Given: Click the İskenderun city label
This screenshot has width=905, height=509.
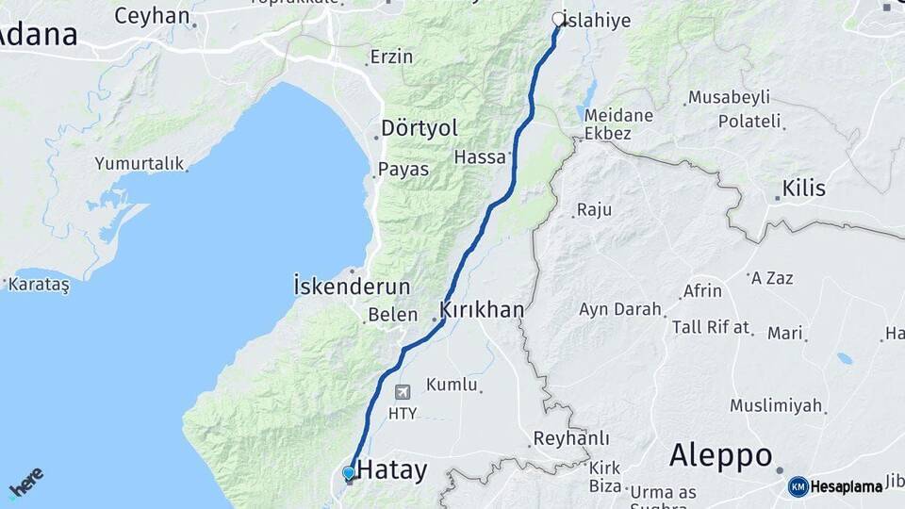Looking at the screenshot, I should [352, 286].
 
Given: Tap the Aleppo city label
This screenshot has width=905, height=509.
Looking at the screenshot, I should [721, 455].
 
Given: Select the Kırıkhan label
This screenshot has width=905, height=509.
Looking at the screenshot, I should [482, 309].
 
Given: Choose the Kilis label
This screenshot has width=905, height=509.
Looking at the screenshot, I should [803, 189].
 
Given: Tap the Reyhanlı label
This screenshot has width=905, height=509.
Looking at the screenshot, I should [571, 438].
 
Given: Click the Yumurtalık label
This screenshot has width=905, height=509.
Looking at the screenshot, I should [139, 163].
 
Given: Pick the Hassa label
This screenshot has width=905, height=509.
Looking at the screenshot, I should [480, 156].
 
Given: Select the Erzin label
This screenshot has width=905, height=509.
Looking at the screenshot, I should [391, 57].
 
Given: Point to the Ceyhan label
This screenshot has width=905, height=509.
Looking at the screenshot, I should [152, 15].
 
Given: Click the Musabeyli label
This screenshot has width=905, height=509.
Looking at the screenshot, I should [729, 97].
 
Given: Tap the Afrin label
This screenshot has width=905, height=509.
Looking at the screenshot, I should [702, 290].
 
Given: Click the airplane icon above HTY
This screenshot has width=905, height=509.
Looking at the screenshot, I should [403, 392].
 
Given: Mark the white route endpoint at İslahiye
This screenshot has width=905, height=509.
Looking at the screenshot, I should [558, 19].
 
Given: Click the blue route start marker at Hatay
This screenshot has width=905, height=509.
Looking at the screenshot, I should [349, 473].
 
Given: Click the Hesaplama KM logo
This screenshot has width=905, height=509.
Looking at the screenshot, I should [836, 486].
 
